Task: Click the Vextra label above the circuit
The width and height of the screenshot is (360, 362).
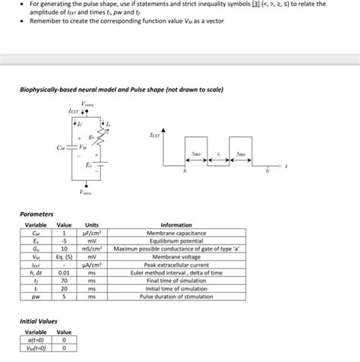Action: point(88,103)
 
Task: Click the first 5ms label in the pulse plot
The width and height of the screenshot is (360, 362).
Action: point(196,153)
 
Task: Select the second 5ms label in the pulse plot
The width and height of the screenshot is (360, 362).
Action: point(241,153)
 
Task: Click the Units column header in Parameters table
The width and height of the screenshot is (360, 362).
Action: point(92,226)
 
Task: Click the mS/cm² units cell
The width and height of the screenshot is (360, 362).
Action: point(92,249)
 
